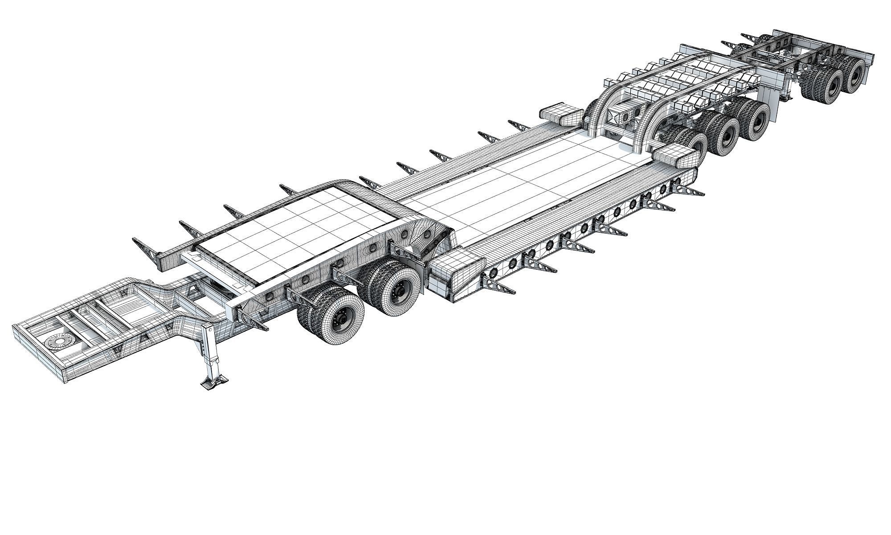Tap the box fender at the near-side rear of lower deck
tap(675, 156)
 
